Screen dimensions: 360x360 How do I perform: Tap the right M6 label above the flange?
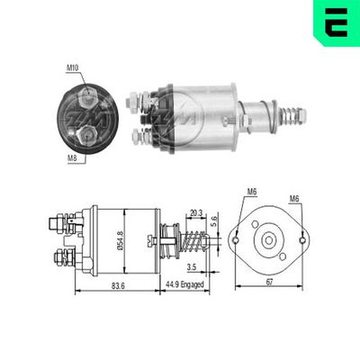[295, 200]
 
